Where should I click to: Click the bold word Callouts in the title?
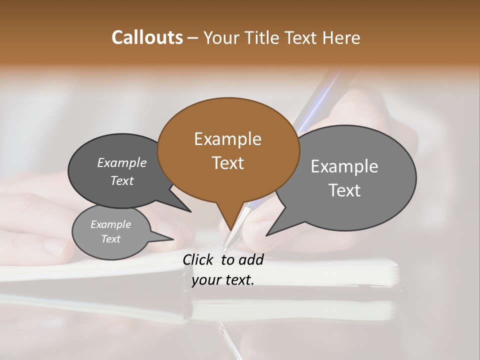(147, 37)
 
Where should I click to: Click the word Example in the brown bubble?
(227, 139)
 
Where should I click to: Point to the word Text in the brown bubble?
(227, 163)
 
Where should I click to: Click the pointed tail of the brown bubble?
(229, 225)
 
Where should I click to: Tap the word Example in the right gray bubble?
(344, 166)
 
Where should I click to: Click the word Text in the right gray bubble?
(344, 190)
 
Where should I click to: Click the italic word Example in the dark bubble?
(122, 162)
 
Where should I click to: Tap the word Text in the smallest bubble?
(111, 239)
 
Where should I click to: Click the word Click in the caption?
(199, 259)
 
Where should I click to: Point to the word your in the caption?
(206, 280)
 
